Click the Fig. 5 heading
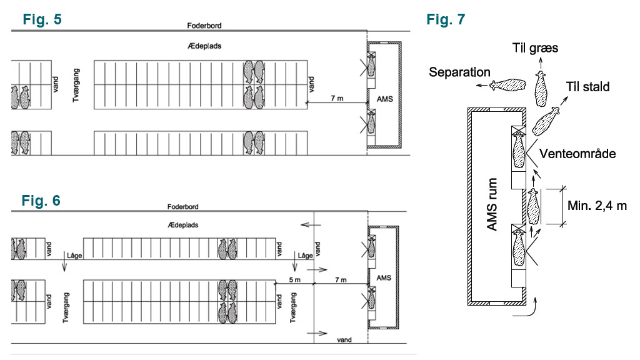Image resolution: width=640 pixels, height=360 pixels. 42,19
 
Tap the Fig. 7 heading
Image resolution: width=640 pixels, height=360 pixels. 446,19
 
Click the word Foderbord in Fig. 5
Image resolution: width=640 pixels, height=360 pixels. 204,26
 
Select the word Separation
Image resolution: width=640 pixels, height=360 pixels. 459,72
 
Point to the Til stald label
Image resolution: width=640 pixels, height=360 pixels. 587,87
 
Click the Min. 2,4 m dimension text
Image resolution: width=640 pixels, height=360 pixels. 596,205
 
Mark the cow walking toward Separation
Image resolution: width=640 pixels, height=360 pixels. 504,86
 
